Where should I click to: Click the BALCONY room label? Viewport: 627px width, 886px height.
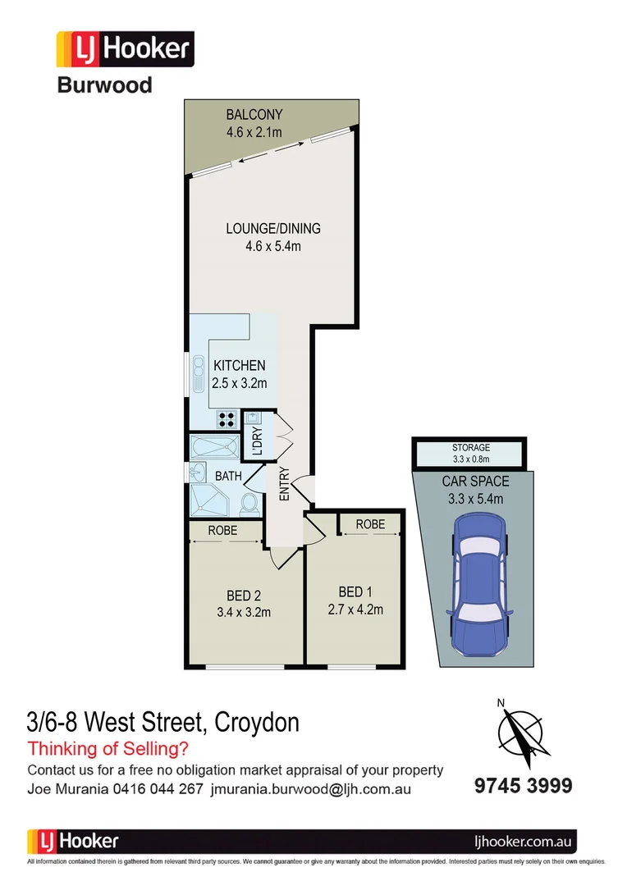pos(254,115)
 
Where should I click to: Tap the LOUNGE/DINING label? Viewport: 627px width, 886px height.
pos(273,229)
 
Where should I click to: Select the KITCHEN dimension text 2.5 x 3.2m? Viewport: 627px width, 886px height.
pos(240,382)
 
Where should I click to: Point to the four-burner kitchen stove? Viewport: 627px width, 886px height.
pos(227,420)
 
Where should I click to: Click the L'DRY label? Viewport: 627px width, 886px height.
pos(256,442)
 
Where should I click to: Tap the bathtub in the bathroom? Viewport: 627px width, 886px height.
pos(213,449)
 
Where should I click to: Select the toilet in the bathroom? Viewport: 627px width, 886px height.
pos(249,502)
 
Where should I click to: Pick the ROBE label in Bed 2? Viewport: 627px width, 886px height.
pos(222,531)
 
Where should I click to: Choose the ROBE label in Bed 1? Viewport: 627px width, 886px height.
pos(371,523)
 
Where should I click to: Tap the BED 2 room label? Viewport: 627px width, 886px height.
pos(243,595)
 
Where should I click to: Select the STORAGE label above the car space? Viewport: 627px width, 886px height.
pos(471,448)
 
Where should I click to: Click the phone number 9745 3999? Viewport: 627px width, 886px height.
pos(523,785)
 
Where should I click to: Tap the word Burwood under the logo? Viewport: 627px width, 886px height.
pos(104,84)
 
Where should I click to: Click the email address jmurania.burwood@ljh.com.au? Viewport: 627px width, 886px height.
pos(311,789)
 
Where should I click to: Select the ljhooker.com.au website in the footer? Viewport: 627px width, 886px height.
pos(525,841)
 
